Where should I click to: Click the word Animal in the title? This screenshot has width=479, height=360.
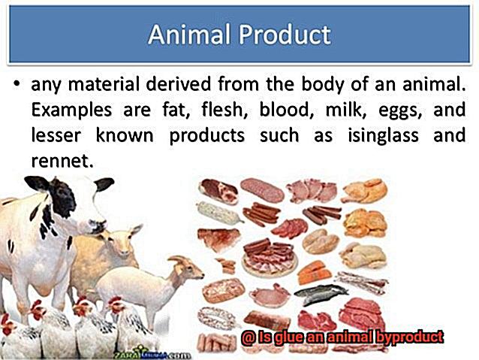click(188, 35)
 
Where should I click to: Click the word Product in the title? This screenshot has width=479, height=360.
click(285, 35)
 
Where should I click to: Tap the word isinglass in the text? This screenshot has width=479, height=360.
click(383, 135)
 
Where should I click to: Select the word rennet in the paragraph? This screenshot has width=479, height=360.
click(62, 160)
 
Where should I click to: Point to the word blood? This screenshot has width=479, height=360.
click(285, 109)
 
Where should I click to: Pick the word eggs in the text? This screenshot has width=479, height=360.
click(400, 110)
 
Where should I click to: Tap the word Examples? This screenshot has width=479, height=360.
click(71, 110)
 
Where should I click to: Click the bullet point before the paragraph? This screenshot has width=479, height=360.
click(17, 83)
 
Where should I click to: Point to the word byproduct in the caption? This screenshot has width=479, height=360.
click(409, 337)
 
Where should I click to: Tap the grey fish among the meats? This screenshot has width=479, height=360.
click(321, 294)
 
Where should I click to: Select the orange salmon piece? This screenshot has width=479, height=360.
click(314, 272)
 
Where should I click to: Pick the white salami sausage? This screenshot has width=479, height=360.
click(219, 212)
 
